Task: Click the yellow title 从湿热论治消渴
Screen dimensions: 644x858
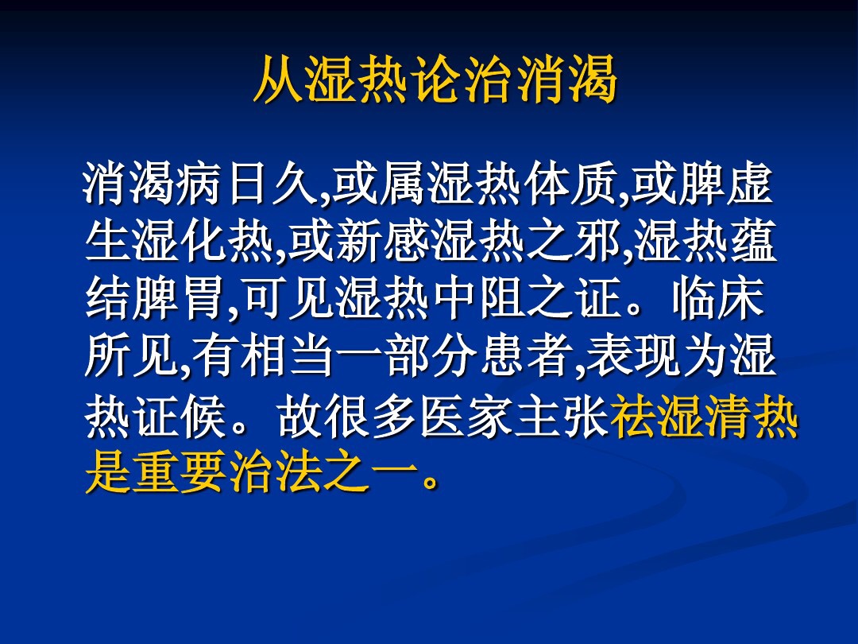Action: (435, 80)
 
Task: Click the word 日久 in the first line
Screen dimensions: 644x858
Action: (276, 186)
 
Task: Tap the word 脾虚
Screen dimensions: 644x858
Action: (726, 186)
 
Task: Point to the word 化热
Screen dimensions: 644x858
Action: (230, 243)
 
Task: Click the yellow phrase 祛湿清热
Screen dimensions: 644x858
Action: (704, 419)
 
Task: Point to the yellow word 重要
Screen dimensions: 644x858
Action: (182, 475)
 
